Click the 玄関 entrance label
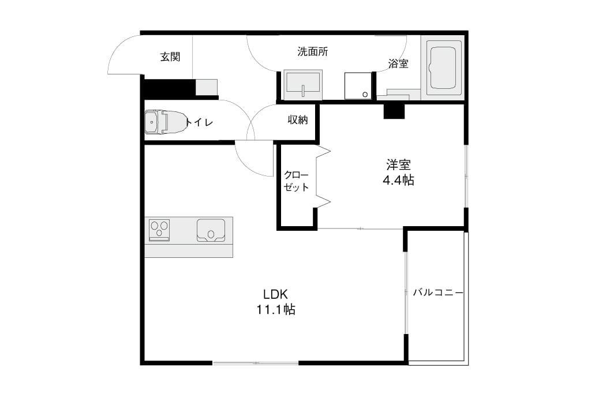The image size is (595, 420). point(170,57)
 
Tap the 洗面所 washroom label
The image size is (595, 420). point(313,51)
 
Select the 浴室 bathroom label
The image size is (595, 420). point(398,63)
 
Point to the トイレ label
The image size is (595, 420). point(199,122)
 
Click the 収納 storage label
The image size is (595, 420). point(298,120)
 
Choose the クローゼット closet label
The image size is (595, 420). point(297,181)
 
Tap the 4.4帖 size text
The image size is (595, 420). point(398,180)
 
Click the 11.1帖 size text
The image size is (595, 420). point(276,310)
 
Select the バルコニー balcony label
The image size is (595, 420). point(438,292)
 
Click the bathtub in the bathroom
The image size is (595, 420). point(442,68)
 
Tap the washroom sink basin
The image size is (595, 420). point(303,85)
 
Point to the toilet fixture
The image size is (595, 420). point(166,122)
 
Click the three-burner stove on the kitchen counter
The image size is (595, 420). point(159,230)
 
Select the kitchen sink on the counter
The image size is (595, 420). point(211,230)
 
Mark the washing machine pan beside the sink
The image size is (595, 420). point(358,86)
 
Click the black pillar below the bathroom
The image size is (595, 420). point(394,111)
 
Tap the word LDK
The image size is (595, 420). point(275,294)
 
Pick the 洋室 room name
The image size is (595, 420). point(398,165)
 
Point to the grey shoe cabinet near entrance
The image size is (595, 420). point(207,87)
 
